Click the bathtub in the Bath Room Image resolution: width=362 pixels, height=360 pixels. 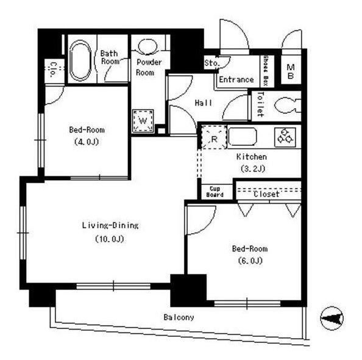point(80,60)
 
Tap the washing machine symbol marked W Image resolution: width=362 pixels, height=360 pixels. point(143,121)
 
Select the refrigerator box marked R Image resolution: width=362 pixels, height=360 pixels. point(214,137)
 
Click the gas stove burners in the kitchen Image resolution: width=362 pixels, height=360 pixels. point(285,137)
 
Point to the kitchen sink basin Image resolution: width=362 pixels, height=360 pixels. point(243,137)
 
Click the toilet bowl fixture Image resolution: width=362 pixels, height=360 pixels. point(288,106)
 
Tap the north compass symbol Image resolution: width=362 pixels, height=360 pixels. point(332,319)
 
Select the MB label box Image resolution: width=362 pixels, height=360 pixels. point(291,71)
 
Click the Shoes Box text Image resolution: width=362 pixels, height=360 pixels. point(266,71)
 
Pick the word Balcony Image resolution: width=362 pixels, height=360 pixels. point(179,317)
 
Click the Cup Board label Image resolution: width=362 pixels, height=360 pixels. point(215,192)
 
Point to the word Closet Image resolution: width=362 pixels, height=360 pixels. point(266,194)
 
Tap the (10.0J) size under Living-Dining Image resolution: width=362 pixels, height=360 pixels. point(110,239)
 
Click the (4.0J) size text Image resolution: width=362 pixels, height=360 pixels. point(87,142)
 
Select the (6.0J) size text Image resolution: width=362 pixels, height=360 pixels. point(250,261)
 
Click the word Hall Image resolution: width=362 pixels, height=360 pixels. point(204,103)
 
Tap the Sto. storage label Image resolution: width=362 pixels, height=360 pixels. point(211,63)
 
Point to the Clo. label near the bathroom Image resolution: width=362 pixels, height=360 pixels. point(54,69)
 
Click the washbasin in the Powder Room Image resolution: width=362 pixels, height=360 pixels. point(147,46)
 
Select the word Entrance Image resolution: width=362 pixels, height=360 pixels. point(236,79)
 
